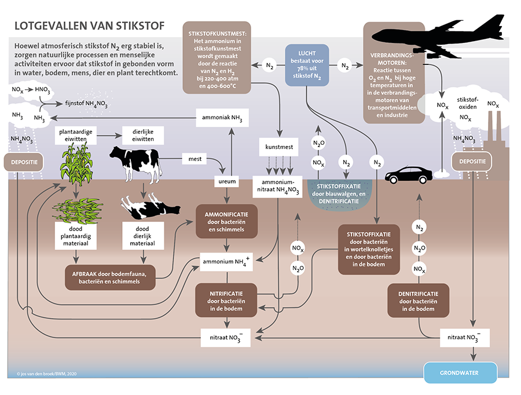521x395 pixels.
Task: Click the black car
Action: coord(409,174)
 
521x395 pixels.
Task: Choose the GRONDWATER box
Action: coord(460,372)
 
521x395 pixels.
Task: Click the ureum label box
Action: coord(226,181)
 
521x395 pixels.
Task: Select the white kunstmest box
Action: coord(279,147)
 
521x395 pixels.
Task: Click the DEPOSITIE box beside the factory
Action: coord(472,161)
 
